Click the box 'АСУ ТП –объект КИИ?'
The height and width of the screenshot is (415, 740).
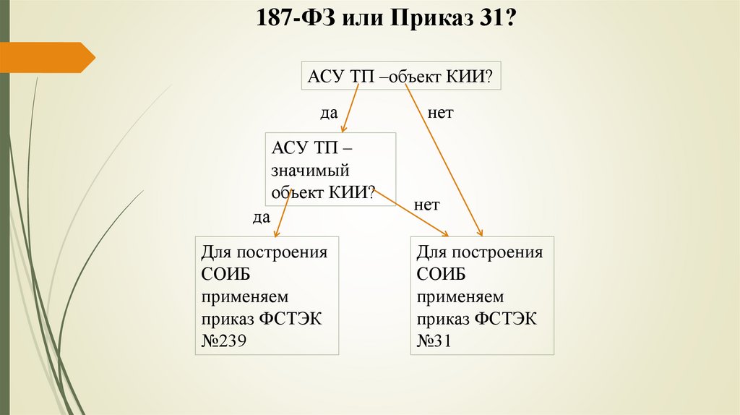(402, 77)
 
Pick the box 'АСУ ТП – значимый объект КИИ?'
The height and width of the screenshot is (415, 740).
(330, 169)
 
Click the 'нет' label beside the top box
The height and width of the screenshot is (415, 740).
(440, 114)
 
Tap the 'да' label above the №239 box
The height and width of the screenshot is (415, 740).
(260, 216)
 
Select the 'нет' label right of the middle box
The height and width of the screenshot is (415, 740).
(427, 205)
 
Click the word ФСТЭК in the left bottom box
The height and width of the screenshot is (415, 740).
(296, 319)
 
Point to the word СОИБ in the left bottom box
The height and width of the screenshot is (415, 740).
(226, 275)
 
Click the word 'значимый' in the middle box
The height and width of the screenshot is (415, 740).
(311, 171)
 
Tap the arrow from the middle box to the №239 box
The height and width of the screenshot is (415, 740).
(283, 215)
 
